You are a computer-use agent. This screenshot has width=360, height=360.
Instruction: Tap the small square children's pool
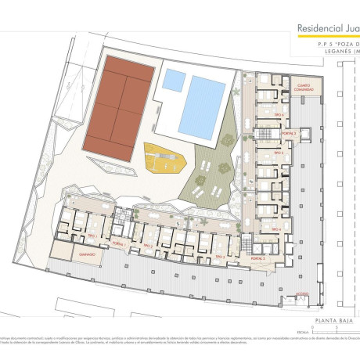point(174,80)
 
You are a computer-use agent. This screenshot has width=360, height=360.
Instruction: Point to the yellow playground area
point(166,160)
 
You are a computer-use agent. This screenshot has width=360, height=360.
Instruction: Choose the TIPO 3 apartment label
point(220,255)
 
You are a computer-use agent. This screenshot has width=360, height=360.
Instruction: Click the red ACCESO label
point(301,295)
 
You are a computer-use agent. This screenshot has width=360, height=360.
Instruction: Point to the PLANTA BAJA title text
point(331,320)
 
